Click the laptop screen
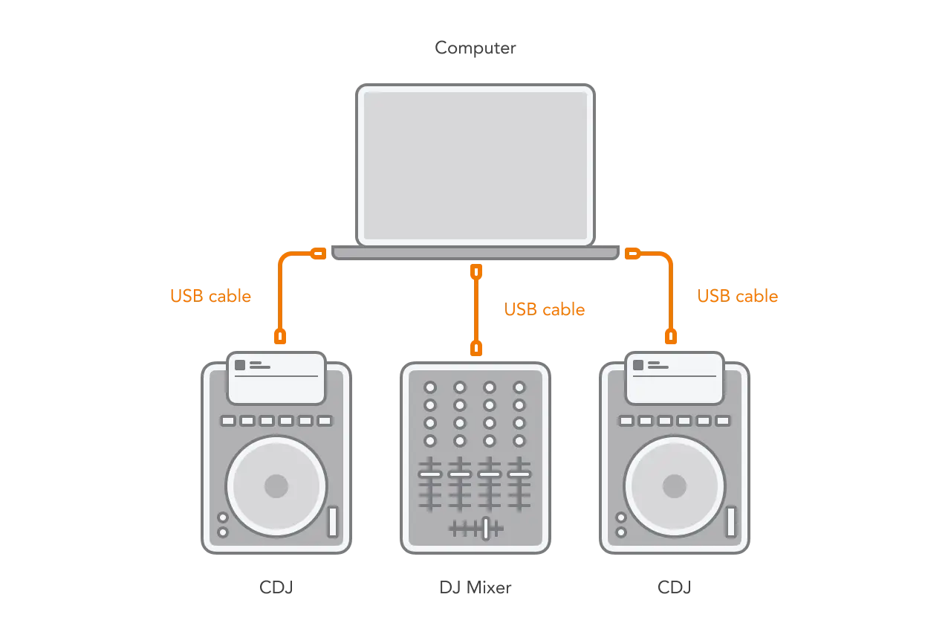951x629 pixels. pyautogui.click(x=475, y=165)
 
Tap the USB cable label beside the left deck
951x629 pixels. pyautogui.click(x=211, y=296)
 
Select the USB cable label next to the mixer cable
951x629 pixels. pyautogui.click(x=545, y=309)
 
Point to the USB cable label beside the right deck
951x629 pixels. pyautogui.click(x=737, y=296)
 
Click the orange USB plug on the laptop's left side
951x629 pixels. pyautogui.click(x=318, y=254)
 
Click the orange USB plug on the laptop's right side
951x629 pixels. pyautogui.click(x=632, y=254)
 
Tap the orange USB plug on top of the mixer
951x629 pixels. pyautogui.click(x=476, y=348)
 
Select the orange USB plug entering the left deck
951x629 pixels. pyautogui.click(x=280, y=336)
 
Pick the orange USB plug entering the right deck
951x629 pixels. pyautogui.click(x=670, y=336)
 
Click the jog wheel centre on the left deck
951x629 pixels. pyautogui.click(x=276, y=486)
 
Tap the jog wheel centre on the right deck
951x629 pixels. pyautogui.click(x=675, y=486)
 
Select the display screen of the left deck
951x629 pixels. pyautogui.click(x=276, y=378)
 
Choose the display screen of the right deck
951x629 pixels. pyautogui.click(x=675, y=378)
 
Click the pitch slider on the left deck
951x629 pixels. pyautogui.click(x=333, y=521)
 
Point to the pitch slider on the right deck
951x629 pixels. pyautogui.click(x=731, y=521)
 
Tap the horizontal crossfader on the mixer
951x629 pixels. pyautogui.click(x=485, y=528)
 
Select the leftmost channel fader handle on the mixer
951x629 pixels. pyautogui.click(x=430, y=474)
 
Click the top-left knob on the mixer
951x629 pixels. pyautogui.click(x=430, y=387)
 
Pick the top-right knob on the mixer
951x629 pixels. pyautogui.click(x=519, y=387)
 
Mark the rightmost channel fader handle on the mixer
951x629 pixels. pyautogui.click(x=519, y=474)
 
